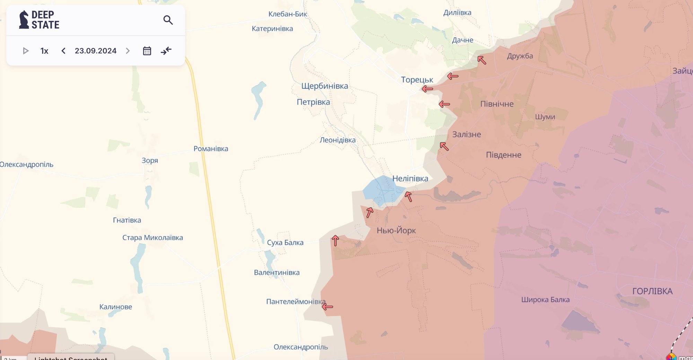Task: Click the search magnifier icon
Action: [168, 20]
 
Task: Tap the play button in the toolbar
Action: [25, 51]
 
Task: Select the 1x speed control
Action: [44, 51]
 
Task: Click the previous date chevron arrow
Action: [63, 51]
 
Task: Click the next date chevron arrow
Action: [128, 51]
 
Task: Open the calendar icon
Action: [147, 51]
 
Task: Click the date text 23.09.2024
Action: [96, 51]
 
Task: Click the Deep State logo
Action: [39, 20]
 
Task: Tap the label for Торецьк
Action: [417, 80]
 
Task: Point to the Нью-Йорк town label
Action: [396, 230]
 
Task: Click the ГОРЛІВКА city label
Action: [652, 291]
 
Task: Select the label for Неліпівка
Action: [410, 178]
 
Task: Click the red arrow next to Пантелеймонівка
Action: [327, 307]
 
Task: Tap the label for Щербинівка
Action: [324, 86]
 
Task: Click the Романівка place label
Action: [211, 149]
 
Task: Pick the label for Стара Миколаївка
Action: [152, 238]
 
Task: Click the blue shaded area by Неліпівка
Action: [381, 191]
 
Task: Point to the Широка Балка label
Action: [545, 300]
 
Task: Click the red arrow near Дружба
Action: [482, 60]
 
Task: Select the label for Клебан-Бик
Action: [288, 14]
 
